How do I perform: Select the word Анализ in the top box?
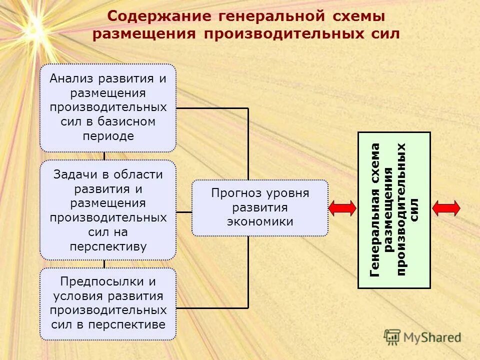72,79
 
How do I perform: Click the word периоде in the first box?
108,136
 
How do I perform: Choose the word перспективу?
108,247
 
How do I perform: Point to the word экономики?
260,222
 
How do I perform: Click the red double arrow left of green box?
342,208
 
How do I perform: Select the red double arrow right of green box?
446,208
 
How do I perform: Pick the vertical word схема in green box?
375,162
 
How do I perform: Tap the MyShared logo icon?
392,336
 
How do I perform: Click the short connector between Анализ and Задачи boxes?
104,156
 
